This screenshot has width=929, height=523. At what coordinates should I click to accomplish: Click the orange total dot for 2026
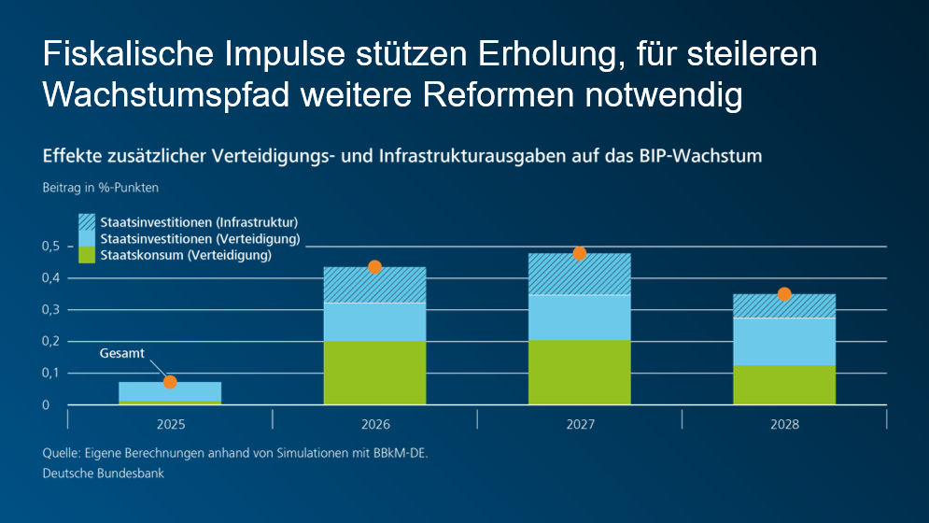point(375,267)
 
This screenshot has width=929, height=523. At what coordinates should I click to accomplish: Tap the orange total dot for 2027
point(579,253)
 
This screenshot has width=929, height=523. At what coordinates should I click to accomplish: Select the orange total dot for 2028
point(784,294)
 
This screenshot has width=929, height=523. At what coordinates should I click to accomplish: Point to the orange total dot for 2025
point(170,382)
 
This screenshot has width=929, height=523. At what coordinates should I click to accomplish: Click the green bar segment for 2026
point(374,373)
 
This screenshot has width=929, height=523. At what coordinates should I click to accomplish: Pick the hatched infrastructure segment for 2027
point(579,275)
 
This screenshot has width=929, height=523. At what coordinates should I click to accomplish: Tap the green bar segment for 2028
point(784,385)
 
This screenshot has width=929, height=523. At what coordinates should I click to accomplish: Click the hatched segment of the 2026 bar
point(374,286)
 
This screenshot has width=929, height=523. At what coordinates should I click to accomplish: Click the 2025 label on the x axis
point(170,424)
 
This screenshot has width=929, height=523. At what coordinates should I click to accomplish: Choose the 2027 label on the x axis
point(579,424)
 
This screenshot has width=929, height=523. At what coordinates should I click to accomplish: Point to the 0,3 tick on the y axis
point(51,309)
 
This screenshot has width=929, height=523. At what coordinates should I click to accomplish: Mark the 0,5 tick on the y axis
point(51,247)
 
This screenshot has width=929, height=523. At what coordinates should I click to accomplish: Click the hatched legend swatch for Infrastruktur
point(87,222)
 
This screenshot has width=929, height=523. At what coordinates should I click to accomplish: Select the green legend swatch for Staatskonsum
point(87,254)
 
